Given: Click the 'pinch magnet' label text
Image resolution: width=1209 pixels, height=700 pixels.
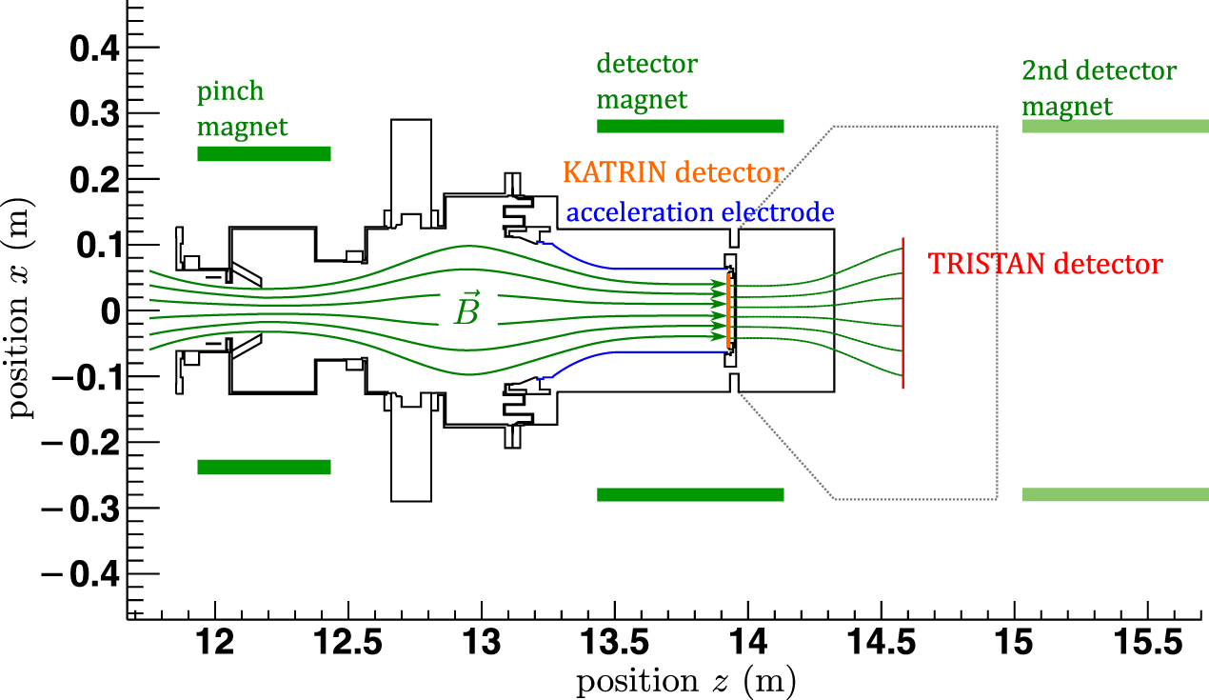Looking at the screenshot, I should (x=242, y=110).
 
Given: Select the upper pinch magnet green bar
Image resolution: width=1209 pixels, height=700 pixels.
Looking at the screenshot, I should (x=264, y=153).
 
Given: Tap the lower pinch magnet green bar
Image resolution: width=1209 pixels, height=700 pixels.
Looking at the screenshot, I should (x=264, y=467).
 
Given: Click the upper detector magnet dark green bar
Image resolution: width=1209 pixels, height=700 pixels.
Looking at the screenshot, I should (x=690, y=126).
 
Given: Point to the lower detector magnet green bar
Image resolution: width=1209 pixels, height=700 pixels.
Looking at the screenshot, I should (x=690, y=494).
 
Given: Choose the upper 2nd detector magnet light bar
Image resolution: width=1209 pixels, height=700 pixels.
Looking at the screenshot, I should (x=1115, y=126).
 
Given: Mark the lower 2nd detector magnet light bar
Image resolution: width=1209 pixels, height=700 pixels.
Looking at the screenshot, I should (x=1115, y=494).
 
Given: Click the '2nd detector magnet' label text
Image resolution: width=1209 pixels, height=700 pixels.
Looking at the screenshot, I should (x=1099, y=88).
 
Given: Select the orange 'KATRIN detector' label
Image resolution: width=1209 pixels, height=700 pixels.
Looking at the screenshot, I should (x=673, y=172).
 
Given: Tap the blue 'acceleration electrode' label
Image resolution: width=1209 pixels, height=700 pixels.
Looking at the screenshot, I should (x=700, y=213).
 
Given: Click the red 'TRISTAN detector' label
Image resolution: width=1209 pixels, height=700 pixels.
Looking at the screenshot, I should (x=1044, y=264).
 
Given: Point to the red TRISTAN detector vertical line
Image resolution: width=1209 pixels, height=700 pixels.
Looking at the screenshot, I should (x=902, y=314).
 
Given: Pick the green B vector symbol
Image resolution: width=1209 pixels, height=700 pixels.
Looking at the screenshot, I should (x=466, y=309).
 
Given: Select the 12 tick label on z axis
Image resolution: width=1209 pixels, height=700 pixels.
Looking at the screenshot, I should (x=216, y=645).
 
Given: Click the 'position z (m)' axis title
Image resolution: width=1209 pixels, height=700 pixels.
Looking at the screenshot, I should (x=684, y=681).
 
